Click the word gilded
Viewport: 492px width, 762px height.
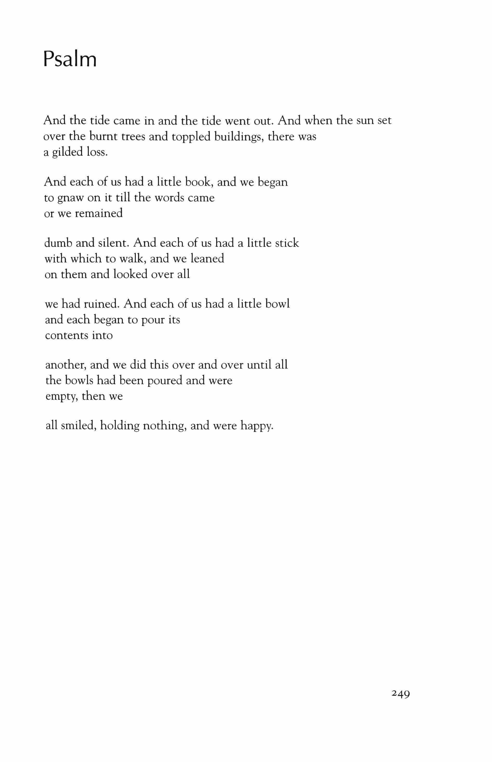(x=67, y=152)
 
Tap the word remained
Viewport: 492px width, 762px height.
(x=99, y=213)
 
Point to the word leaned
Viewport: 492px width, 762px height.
(x=207, y=258)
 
